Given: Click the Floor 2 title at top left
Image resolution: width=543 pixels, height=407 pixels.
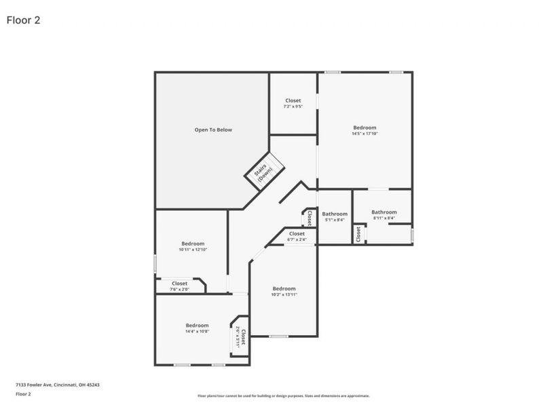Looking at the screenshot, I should coord(24,20).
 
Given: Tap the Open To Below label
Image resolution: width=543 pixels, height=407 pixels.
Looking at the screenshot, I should coord(213,130).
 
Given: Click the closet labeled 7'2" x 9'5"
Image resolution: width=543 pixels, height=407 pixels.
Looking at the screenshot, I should coord(293,103).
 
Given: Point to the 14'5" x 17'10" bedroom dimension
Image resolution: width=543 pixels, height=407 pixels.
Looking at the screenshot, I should coord(364,134).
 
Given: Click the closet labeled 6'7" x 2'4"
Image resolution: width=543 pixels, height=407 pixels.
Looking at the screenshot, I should coord(297,237).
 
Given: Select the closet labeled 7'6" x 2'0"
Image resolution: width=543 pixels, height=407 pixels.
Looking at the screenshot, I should coord(179,286).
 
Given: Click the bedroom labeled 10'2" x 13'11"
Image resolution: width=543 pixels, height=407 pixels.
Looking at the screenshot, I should coord(284,292).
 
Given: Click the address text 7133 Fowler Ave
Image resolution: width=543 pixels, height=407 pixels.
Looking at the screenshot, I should coord(58,385).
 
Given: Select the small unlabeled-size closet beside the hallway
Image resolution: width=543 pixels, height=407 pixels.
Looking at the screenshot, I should coord(310,218).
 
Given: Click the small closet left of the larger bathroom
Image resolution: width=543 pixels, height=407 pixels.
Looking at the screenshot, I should coord(358,234).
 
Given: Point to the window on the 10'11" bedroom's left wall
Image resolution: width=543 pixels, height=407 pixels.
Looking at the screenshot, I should coord(155,263).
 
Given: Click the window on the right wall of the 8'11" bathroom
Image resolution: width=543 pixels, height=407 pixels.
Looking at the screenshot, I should coord(412,235).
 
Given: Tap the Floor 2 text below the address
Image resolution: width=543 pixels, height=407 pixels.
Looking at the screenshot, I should coord(24,393).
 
